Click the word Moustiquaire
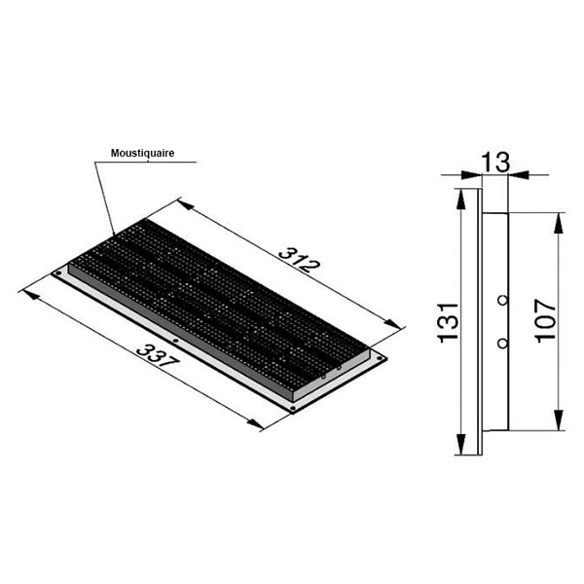142,153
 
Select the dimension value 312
299,260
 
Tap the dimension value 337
158,355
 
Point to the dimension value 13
495,163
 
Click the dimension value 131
448,322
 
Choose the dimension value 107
545,320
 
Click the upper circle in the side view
502,300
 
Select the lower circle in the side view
502,344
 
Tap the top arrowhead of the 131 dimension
461,200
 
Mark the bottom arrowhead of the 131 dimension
461,445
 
